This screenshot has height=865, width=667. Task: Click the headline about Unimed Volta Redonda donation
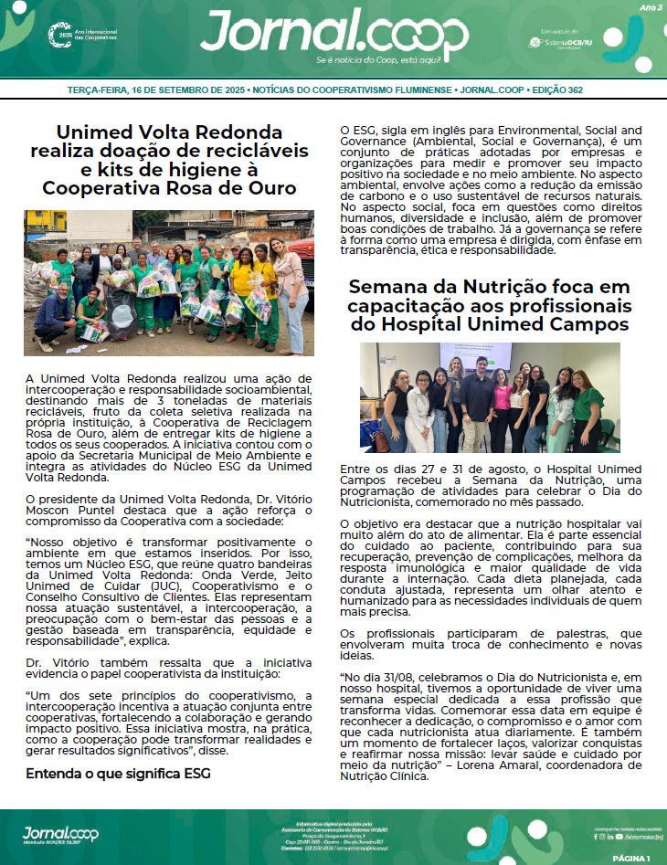(169, 160)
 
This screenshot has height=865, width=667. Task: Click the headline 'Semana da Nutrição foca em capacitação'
(489, 305)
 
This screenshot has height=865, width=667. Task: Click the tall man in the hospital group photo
(477, 398)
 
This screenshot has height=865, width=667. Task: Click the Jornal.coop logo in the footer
(60, 833)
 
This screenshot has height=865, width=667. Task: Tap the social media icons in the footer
(609, 836)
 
